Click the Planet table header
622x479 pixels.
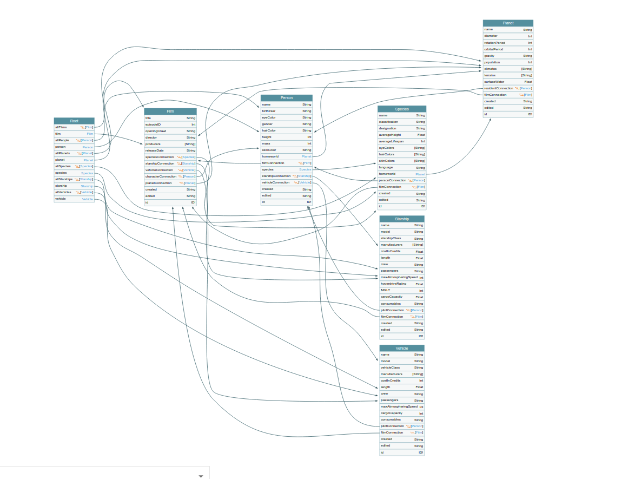coord(508,23)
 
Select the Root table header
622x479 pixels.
coord(74,121)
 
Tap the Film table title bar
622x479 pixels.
coord(170,111)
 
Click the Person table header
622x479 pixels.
coord(286,98)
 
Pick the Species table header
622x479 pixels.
coord(402,109)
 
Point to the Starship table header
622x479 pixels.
coord(402,219)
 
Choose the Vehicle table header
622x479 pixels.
coord(402,348)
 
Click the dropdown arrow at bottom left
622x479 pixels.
coord(201,476)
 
